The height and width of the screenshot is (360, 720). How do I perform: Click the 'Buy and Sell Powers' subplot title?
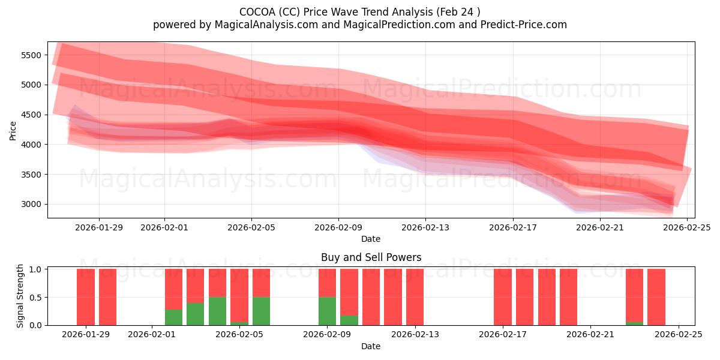371,257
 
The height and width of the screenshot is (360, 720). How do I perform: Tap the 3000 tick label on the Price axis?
31,204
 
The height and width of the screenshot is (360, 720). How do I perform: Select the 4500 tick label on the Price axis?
31,115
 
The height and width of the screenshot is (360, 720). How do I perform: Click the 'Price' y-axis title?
13,130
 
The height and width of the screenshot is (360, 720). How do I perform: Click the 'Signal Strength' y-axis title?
20,296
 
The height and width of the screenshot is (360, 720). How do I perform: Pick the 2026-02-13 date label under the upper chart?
425,227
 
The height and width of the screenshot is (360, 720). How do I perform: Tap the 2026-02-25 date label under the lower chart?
678,334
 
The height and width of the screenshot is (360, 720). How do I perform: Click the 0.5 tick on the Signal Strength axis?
35,297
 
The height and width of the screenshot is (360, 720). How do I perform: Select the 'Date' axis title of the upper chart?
371,239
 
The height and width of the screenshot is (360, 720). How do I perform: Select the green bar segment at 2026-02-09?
327,311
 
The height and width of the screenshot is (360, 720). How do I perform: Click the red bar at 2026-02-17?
503,297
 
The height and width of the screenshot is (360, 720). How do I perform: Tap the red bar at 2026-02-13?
415,297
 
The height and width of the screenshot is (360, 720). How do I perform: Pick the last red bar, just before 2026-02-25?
656,297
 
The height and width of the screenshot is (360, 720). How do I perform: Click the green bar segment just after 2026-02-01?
173,317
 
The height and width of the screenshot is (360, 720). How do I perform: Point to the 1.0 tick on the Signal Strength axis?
35,269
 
